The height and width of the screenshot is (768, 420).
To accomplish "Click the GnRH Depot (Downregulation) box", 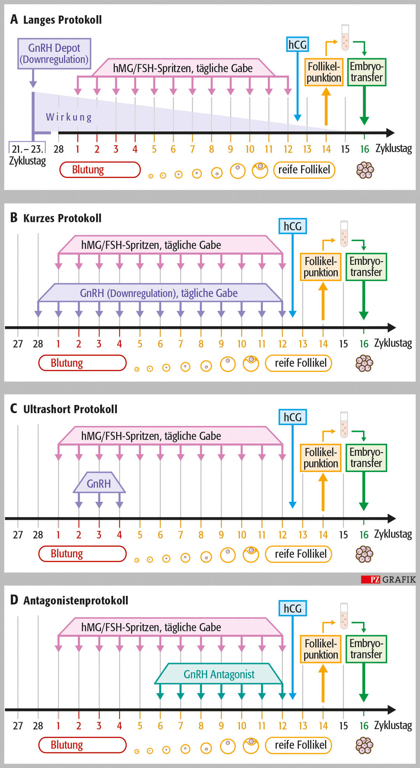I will tap(54, 54).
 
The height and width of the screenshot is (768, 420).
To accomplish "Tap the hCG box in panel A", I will tap(297, 44).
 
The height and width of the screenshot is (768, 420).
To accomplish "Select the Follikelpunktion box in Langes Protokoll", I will tap(324, 72).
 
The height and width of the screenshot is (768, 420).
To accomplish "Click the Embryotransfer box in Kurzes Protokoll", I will tap(366, 267).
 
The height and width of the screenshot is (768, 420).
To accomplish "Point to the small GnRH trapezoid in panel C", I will tap(99, 483).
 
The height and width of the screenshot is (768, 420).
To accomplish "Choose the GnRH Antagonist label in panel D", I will tap(219, 674).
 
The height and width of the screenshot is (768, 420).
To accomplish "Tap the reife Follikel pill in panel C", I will tap(298, 554).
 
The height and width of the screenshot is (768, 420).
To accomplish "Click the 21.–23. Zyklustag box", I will tap(27, 149).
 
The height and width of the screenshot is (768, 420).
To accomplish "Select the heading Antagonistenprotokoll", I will tap(76, 600).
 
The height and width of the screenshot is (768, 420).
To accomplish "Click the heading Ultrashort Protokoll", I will tap(70, 409).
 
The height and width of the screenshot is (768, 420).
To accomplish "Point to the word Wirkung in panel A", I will tap(69, 117).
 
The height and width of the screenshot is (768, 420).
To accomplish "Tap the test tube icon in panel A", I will tap(345, 38).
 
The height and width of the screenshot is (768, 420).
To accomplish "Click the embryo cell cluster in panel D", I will tap(365, 745).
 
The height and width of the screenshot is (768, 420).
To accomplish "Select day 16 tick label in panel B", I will tap(364, 344).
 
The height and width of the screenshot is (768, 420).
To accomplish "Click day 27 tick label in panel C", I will tap(18, 535).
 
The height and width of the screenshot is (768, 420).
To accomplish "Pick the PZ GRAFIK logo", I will tap(388, 579).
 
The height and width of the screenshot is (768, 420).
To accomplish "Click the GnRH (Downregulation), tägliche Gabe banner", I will tap(159, 293).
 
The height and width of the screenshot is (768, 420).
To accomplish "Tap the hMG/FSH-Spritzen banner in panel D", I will tap(151, 627).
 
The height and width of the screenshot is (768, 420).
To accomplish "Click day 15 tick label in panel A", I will tap(345, 149).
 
